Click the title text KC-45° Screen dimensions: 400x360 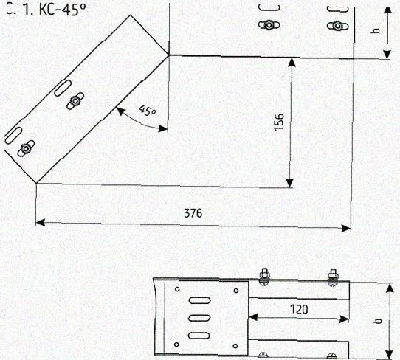(x=63, y=10)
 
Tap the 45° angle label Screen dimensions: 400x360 (x=148, y=111)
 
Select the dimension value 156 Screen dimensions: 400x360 (x=279, y=122)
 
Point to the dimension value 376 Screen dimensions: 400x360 (x=193, y=213)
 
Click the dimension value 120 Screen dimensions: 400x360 (x=299, y=309)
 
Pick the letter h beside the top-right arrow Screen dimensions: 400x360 (x=376, y=30)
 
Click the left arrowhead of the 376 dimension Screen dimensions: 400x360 (x=41, y=222)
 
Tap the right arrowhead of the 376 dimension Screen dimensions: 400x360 (x=346, y=228)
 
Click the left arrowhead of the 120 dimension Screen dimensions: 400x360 (x=252, y=317)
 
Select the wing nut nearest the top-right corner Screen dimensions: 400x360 (x=337, y=26)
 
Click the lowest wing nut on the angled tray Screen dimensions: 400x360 (x=26, y=148)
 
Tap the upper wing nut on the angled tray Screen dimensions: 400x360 (x=75, y=101)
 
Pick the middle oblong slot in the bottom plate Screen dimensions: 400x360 (x=199, y=318)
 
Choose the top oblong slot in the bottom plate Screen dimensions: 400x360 (x=199, y=300)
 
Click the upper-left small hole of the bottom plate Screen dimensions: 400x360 (x=177, y=289)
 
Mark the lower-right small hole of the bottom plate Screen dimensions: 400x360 (x=235, y=346)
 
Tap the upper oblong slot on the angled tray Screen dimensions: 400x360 (x=63, y=88)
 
